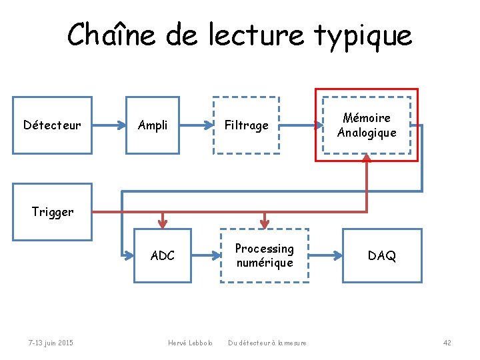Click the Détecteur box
53,125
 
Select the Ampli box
153,125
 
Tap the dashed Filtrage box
246,125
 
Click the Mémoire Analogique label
366,125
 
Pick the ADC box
163,255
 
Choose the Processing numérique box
265,255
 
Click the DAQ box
382,255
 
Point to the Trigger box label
53,212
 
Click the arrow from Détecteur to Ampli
109,125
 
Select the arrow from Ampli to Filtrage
196,125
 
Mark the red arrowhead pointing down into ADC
163,223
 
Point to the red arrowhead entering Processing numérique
265,223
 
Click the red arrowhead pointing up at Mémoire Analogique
367,160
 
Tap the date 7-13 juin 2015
51,343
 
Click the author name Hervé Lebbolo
190,343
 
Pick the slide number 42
447,343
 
